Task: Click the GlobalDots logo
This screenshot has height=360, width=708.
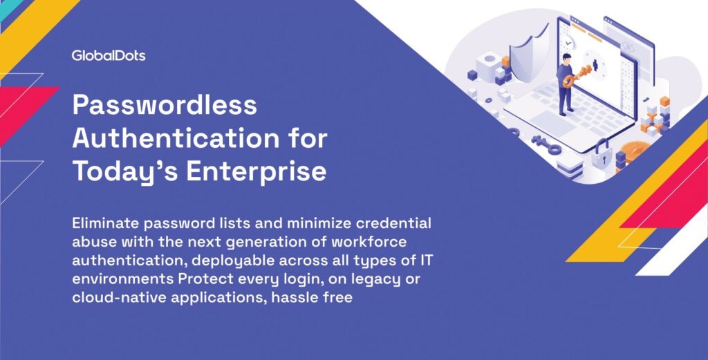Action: tap(109, 55)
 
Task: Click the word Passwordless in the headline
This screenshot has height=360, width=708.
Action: tap(165, 104)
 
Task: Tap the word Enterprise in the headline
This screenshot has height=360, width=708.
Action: tap(256, 171)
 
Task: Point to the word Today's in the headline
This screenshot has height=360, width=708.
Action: tap(124, 172)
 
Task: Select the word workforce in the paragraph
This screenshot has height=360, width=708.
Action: tap(369, 242)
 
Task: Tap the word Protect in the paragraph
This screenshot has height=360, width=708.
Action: tap(205, 278)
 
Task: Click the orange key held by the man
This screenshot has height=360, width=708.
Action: tap(577, 76)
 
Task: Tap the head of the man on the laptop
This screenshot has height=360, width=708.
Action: tap(566, 58)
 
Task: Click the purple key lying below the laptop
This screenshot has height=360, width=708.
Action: tap(546, 144)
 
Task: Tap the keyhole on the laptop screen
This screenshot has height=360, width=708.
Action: tap(595, 66)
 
